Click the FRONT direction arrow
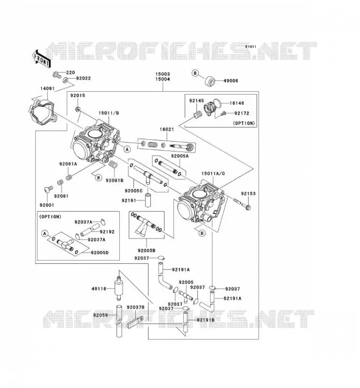point(41,59)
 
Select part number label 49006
point(231,81)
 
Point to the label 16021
point(166,129)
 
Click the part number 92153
point(248,194)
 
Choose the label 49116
point(99,289)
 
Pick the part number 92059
point(100,315)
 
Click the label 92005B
point(147,251)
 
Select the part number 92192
point(107,232)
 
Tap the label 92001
point(47,205)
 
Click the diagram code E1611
point(251,47)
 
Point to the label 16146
point(237,103)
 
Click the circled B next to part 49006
point(195,73)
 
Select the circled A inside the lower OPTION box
point(45,233)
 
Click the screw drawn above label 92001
point(48,189)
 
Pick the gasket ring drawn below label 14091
point(41,111)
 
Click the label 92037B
point(135,307)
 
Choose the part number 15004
point(163,79)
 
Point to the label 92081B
point(115,180)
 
